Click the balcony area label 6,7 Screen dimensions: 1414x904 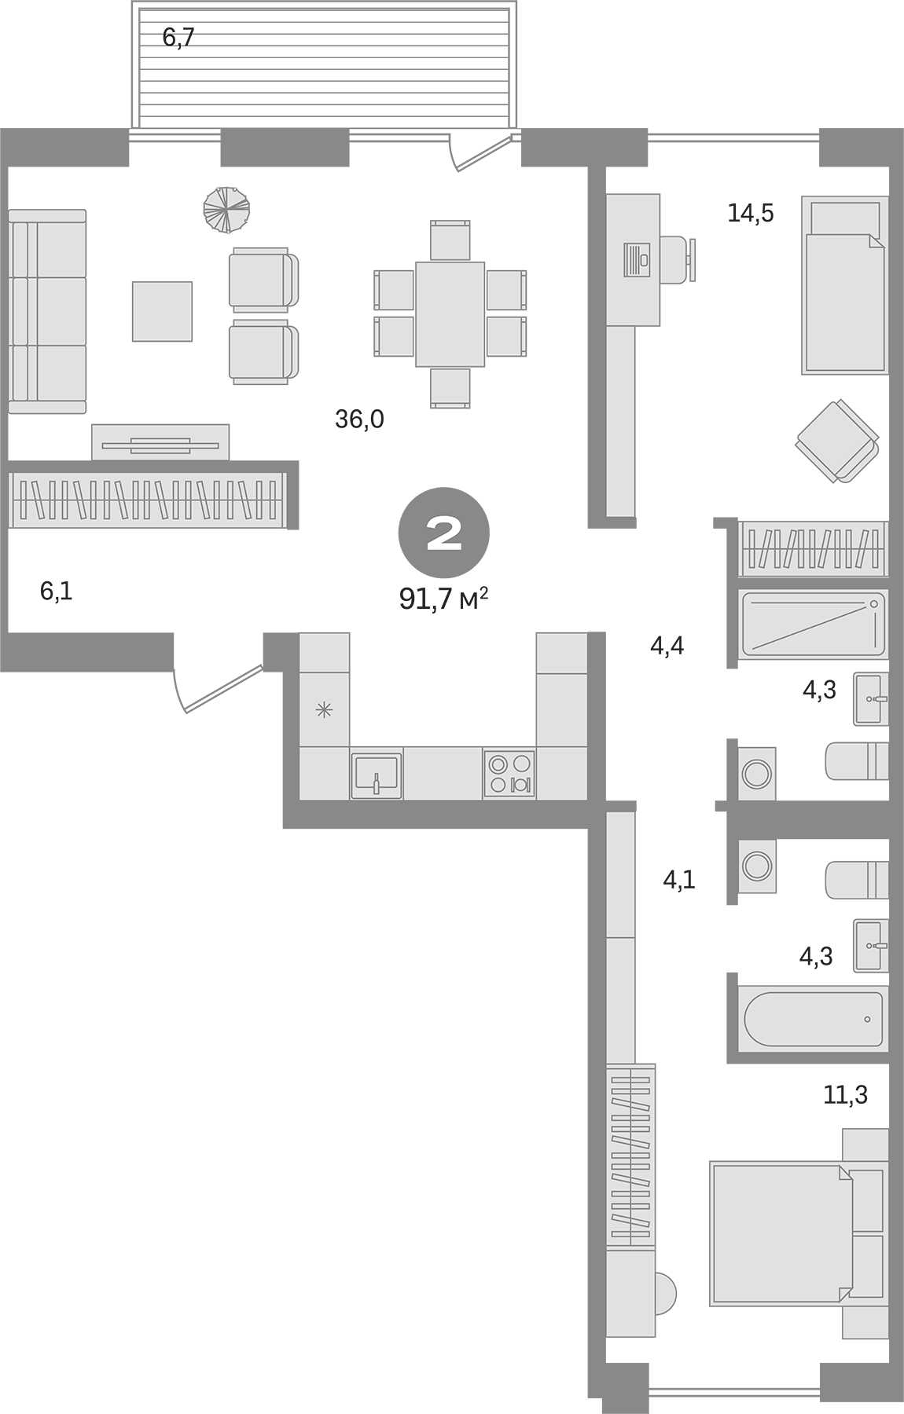[178, 37]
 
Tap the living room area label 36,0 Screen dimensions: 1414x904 [359, 419]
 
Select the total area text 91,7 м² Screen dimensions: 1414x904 [444, 599]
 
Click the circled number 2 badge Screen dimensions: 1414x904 [444, 533]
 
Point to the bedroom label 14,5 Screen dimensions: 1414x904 [750, 213]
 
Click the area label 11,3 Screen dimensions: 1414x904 [845, 1094]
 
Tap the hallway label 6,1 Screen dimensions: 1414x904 [56, 592]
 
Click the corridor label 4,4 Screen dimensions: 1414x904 [667, 647]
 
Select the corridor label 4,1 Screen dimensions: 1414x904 [679, 880]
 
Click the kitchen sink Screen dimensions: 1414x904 [376, 775]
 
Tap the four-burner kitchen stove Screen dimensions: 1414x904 [509, 774]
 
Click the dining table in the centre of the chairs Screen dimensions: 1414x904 [450, 314]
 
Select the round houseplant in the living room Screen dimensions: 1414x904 [226, 210]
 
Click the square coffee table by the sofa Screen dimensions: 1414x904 [162, 311]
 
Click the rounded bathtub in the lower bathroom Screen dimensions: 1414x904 [813, 1019]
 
